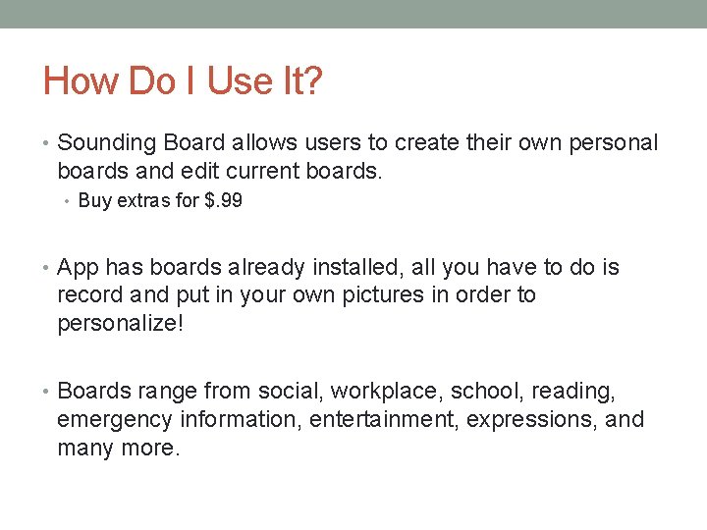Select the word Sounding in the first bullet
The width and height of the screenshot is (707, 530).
click(100, 143)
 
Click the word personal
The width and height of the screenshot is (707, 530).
click(615, 143)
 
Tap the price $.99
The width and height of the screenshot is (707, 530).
click(222, 201)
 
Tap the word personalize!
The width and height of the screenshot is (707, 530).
click(120, 324)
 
